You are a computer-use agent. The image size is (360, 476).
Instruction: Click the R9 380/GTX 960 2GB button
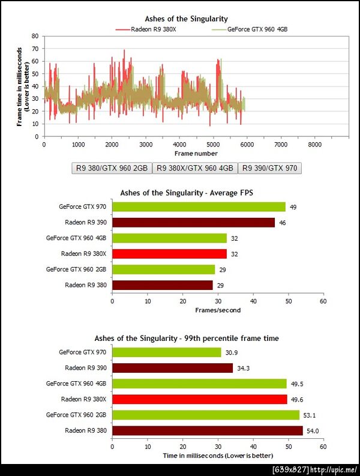[x=111, y=168]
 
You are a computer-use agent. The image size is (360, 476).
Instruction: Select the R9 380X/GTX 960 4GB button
[x=195, y=168]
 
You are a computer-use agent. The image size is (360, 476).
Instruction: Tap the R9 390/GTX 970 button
[x=269, y=168]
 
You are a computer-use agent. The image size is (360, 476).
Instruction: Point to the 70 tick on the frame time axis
[x=35, y=49]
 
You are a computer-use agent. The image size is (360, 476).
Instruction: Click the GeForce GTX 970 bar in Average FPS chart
[x=199, y=207]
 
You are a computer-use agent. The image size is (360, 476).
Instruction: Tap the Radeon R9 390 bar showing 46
[x=193, y=223]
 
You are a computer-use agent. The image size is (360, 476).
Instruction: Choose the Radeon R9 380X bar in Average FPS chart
[x=169, y=254]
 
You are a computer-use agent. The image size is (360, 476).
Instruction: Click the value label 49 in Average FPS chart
[x=293, y=207]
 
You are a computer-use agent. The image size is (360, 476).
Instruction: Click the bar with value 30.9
[x=166, y=352]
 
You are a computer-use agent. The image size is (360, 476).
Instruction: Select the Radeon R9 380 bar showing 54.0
[x=207, y=430]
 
